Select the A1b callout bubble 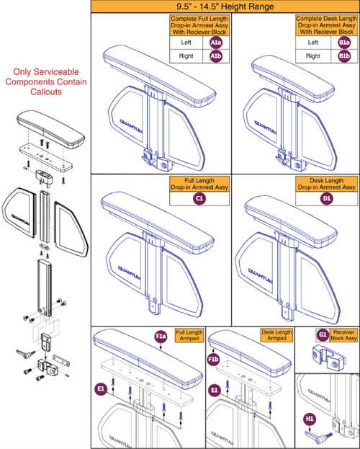(x=215, y=56)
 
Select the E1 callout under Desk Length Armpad (x=213, y=388)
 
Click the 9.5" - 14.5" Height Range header (x=225, y=6)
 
